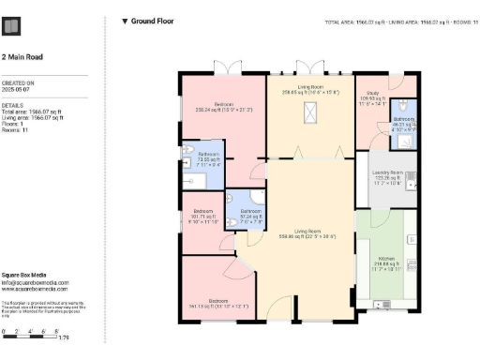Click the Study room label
point(373,94)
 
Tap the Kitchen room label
point(386,258)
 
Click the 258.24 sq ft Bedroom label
point(223,105)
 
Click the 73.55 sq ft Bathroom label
point(208,156)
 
